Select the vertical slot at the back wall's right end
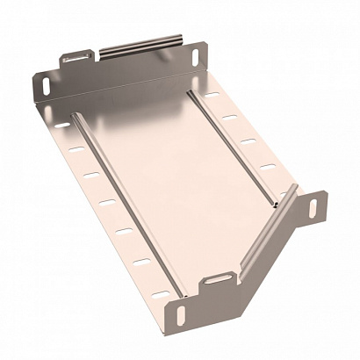(x=192, y=57)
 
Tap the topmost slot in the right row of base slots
(x=212, y=93)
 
